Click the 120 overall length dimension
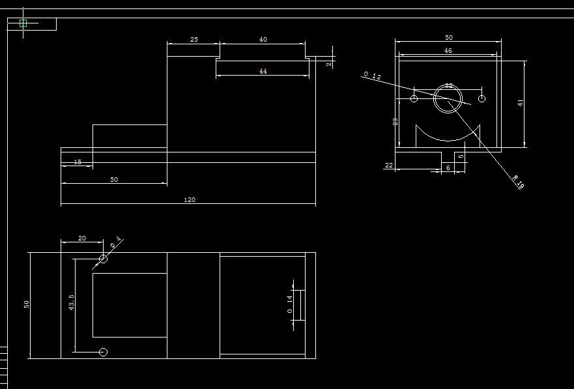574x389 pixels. (x=190, y=200)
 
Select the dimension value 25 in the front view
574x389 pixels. (x=194, y=40)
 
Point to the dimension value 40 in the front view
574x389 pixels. (x=263, y=40)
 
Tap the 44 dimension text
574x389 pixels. (x=263, y=72)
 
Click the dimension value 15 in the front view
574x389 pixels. (x=78, y=162)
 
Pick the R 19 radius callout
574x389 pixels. (x=518, y=182)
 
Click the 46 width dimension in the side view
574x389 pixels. (x=448, y=50)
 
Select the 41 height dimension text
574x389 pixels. (x=521, y=103)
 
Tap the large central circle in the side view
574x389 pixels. (x=448, y=98)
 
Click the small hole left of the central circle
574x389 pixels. (x=414, y=98)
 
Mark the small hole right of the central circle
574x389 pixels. (x=481, y=98)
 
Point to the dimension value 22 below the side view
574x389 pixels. (x=389, y=166)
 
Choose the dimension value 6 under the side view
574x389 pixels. (x=448, y=168)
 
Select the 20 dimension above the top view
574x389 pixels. (x=82, y=238)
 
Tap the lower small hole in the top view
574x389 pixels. (x=103, y=353)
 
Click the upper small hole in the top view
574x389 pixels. (x=103, y=259)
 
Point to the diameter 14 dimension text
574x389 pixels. (x=289, y=304)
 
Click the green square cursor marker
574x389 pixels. (x=23, y=23)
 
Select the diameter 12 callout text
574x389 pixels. (x=372, y=76)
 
